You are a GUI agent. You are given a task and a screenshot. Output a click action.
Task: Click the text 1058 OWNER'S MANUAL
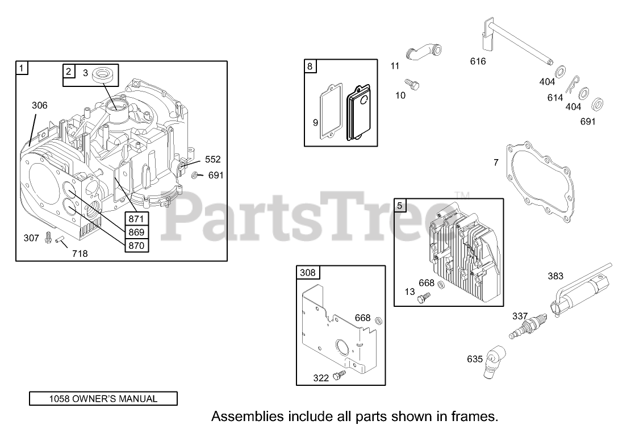click(x=103, y=398)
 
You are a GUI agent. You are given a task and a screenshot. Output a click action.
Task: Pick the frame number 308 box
click(x=307, y=273)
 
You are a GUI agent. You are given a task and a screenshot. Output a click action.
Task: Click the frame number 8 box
click(x=310, y=66)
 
